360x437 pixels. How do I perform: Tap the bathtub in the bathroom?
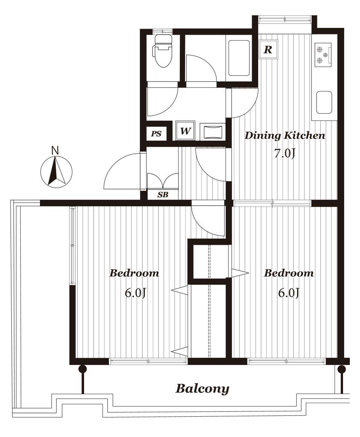coord(239,58)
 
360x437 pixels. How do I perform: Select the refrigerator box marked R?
coord(268,50)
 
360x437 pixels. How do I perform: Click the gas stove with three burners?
coord(323,55)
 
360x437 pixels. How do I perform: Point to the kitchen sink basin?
coord(324,102)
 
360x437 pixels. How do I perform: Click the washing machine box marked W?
coord(185,131)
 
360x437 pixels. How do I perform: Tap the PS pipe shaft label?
coord(156,134)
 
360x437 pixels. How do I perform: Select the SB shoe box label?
coord(163,195)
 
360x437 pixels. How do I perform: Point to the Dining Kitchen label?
coord(285,136)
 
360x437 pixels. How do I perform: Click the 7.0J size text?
coord(285,153)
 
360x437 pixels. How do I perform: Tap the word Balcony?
coord(202,388)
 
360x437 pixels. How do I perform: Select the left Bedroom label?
coord(134,273)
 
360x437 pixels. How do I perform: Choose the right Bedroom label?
coord(289,273)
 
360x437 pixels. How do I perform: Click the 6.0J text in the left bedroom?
coord(135,293)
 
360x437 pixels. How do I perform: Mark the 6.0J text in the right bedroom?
coord(289,293)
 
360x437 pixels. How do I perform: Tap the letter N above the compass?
coord(55,151)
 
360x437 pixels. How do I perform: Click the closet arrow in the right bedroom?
coord(239,273)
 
